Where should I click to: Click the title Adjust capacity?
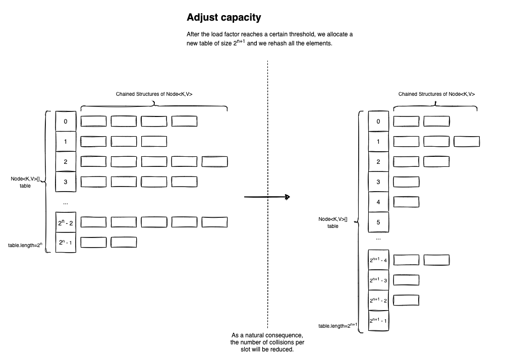pyautogui.click(x=223, y=17)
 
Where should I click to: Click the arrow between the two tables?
pyautogui.click(x=267, y=197)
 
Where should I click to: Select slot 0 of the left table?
pyautogui.click(x=66, y=121)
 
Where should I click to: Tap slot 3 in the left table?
pyautogui.click(x=66, y=182)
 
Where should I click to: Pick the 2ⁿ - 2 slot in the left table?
pyautogui.click(x=66, y=222)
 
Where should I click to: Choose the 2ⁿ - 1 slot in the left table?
pyautogui.click(x=66, y=243)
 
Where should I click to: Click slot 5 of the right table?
pyautogui.click(x=378, y=222)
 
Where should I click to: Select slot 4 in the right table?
pyautogui.click(x=378, y=202)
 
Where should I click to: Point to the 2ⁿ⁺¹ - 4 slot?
pyautogui.click(x=378, y=260)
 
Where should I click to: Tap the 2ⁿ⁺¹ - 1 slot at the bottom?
pyautogui.click(x=378, y=321)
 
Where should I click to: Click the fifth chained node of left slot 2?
pyautogui.click(x=214, y=161)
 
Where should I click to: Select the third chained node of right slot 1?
pyautogui.click(x=467, y=142)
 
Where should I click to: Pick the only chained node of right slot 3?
pyautogui.click(x=406, y=182)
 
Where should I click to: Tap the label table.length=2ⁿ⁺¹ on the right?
pyautogui.click(x=337, y=326)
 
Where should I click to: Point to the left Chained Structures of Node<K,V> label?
pyautogui.click(x=154, y=94)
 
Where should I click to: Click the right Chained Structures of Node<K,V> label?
pyautogui.click(x=436, y=94)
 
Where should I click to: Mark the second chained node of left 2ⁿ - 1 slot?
pyautogui.click(x=124, y=242)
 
